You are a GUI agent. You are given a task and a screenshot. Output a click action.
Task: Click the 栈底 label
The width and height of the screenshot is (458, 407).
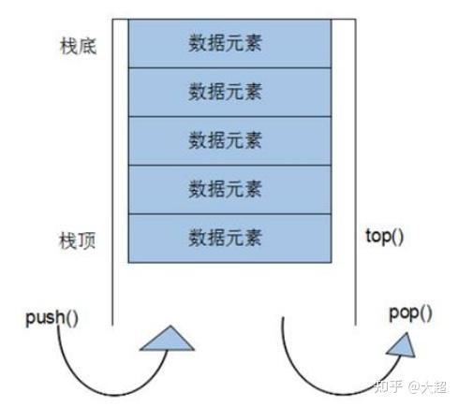coord(78,47)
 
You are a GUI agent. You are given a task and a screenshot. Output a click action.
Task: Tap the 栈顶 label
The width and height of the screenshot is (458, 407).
coord(77,240)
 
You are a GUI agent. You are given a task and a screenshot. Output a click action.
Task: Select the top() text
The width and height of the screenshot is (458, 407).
coord(385,237)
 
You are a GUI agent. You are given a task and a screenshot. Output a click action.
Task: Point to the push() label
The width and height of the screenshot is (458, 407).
coord(52,317)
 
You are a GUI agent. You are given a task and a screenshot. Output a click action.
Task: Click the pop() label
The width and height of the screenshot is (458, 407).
coord(410,313)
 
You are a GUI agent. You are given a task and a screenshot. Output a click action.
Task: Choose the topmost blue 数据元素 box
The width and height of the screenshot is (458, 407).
coord(229,43)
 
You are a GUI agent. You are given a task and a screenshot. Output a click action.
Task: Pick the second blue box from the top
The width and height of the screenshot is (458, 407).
coord(229,92)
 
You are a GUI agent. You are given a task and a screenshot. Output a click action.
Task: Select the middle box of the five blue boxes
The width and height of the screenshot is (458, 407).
coord(229,140)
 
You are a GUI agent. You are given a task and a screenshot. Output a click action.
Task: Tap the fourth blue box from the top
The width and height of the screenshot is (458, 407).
coord(229,190)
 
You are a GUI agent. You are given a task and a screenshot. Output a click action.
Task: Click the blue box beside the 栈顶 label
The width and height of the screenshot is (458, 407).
coord(229,239)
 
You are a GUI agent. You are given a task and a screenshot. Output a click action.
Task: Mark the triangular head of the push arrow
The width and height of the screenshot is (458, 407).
coord(168,340)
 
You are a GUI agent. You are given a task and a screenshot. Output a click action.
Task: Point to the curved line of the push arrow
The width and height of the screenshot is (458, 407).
coord(106,394)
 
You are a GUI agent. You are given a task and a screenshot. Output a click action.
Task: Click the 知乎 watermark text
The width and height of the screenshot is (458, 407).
coord(388,386)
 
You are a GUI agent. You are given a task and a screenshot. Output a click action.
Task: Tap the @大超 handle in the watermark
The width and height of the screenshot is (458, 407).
coord(427,387)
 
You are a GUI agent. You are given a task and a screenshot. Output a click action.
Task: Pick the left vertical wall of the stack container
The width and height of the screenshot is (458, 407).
coord(112,172)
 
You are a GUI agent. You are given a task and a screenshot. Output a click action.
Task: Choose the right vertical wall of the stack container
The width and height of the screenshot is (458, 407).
coord(356,172)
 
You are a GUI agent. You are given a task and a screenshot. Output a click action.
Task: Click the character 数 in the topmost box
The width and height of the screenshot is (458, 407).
coord(198,43)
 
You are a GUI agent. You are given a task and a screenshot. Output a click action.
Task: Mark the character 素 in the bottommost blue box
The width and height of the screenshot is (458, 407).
coord(253,238)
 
